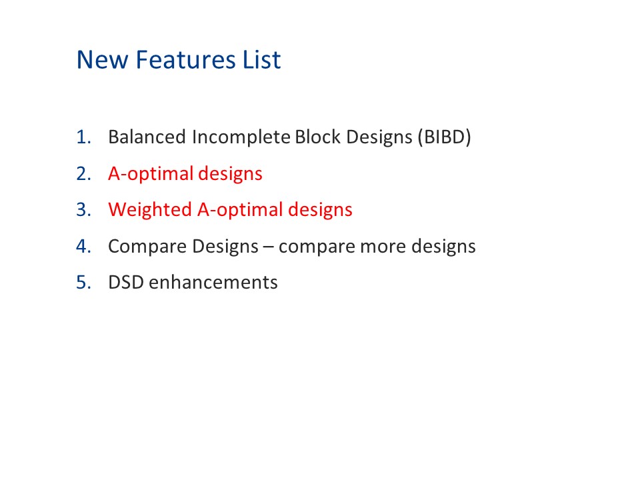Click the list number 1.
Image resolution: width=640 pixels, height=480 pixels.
[83, 138]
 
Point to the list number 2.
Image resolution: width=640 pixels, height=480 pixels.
[83, 174]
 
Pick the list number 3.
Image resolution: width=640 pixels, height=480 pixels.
[83, 210]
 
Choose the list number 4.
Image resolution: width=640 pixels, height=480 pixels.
[83, 247]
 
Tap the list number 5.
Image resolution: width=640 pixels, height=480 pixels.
[83, 283]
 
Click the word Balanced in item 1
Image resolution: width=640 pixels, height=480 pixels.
[147, 138]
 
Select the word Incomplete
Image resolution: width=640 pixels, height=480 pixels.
[241, 138]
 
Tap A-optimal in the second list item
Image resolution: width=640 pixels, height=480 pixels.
[151, 174]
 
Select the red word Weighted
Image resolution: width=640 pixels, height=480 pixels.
[149, 210]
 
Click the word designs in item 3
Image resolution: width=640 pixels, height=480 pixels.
[320, 210]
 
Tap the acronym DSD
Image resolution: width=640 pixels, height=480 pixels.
[126, 283]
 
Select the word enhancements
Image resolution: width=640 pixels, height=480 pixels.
[213, 283]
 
